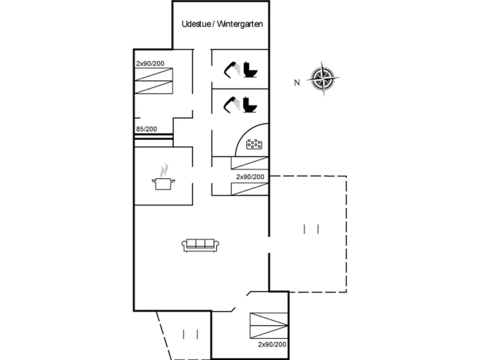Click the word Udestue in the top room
196,24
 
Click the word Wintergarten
240,24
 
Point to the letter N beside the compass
297,83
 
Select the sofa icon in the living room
200,245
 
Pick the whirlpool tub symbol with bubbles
254,144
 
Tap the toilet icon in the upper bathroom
250,70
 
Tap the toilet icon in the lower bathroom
250,105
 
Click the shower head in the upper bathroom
232,70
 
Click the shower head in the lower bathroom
232,105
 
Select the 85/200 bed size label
146,129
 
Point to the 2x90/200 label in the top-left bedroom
150,63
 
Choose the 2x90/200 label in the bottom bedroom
272,344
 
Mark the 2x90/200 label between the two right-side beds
250,177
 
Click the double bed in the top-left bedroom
154,81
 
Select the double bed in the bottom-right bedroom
269,325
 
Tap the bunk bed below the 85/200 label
154,140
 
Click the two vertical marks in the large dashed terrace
311,229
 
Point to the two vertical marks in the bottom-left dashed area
191,334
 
